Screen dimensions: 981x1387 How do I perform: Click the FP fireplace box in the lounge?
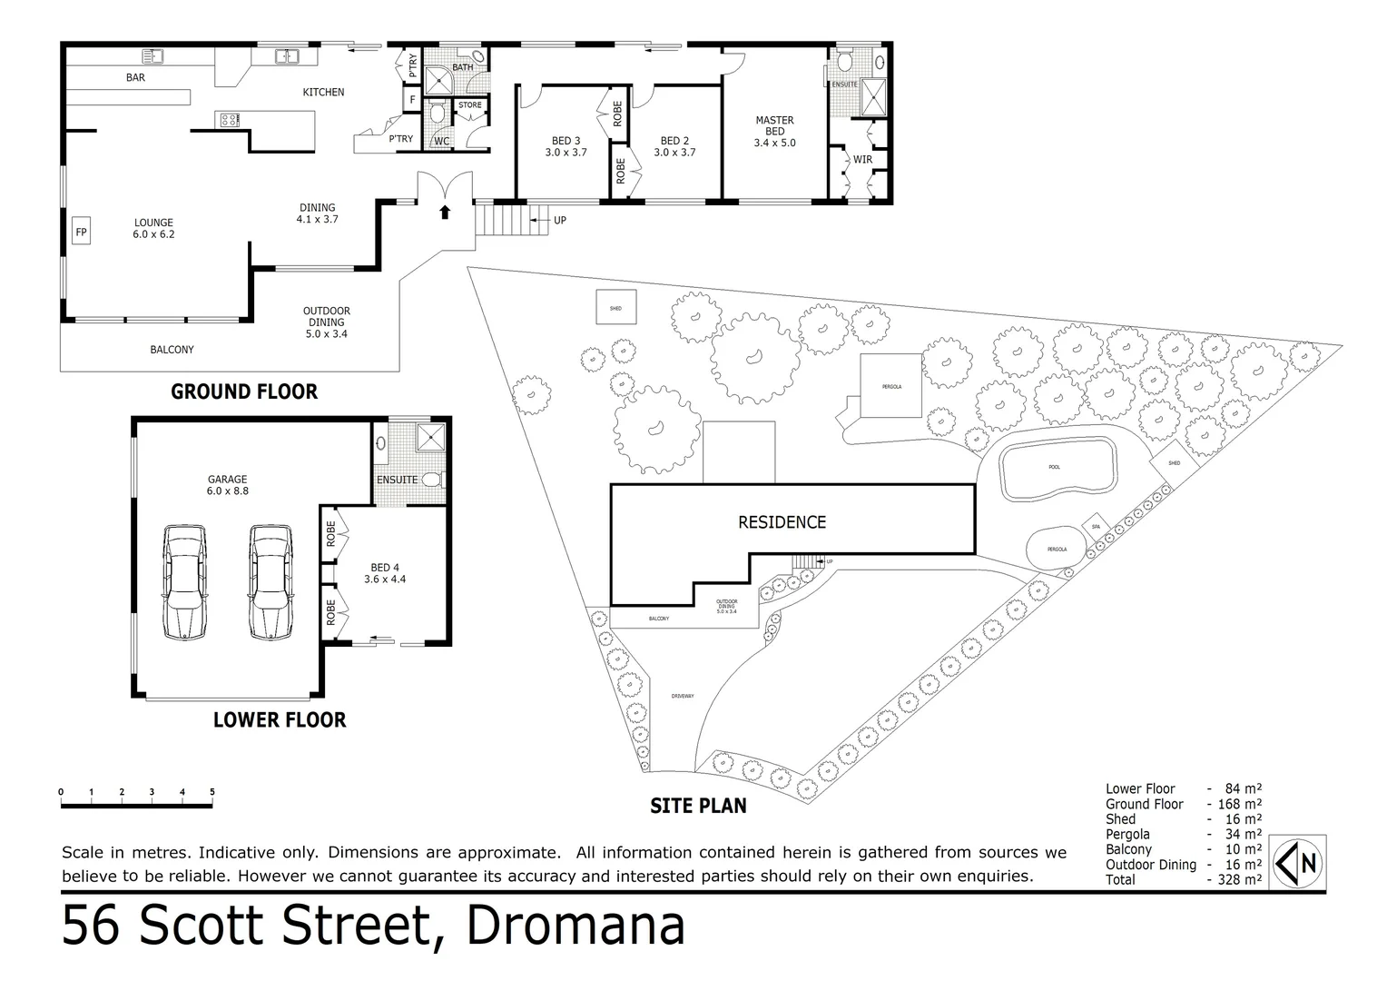click(81, 232)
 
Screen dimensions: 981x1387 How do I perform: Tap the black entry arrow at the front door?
click(444, 213)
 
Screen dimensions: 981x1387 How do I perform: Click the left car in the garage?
click(184, 581)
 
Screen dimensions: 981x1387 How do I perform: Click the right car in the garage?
click(271, 581)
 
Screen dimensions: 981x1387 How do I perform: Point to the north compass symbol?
click(1299, 862)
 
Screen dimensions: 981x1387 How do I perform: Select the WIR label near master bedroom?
click(862, 160)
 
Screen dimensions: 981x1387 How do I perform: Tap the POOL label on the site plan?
click(1054, 467)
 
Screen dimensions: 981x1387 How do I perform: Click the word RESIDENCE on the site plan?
click(782, 522)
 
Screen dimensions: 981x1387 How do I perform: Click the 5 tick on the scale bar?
click(212, 792)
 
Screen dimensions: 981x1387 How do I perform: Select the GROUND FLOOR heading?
click(244, 392)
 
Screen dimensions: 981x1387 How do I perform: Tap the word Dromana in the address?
click(575, 926)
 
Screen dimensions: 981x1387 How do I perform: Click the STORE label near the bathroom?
click(470, 105)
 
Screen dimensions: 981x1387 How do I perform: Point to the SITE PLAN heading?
click(698, 806)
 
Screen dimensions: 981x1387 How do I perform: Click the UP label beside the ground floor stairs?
click(560, 221)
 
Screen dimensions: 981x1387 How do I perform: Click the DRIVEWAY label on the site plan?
click(683, 696)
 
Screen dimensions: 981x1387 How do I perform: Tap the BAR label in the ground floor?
click(135, 78)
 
